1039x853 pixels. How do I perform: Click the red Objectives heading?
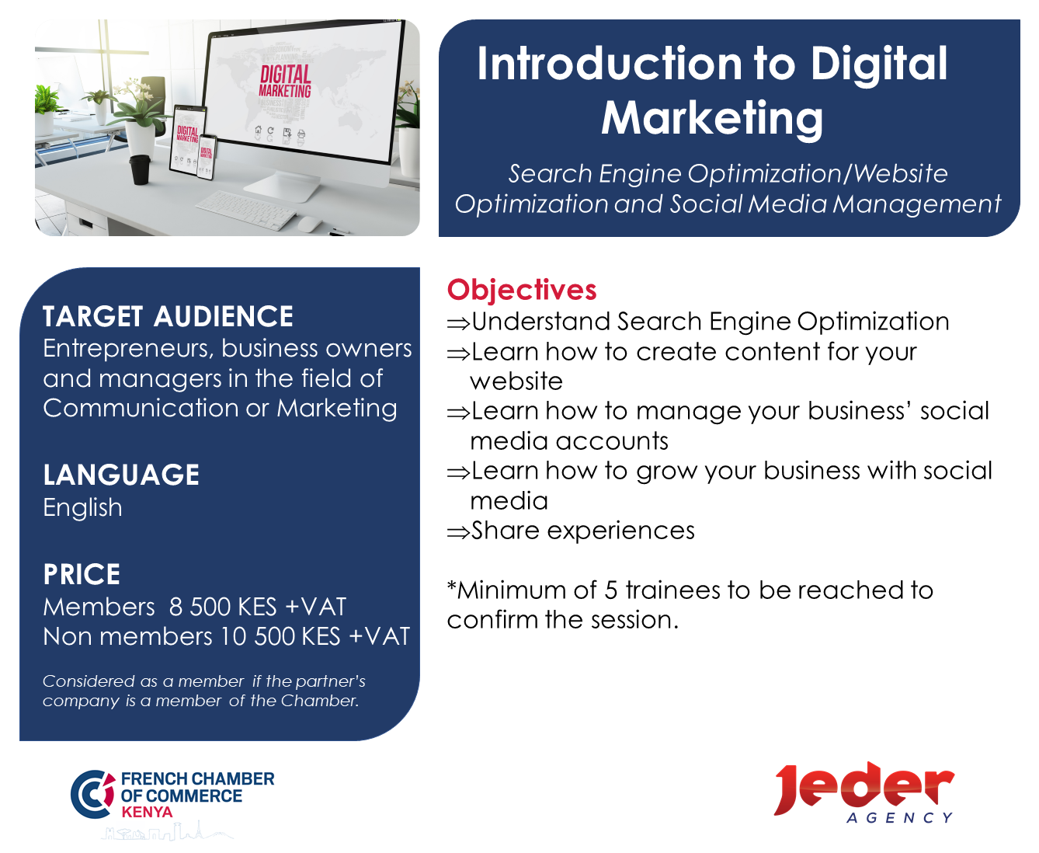coord(521,290)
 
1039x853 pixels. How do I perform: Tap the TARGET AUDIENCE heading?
coord(168,316)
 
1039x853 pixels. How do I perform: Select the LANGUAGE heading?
coord(121,475)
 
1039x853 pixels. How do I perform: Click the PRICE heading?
coord(82,574)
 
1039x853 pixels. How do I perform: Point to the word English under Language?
coord(83,507)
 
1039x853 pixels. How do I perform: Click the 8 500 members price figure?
coord(200,607)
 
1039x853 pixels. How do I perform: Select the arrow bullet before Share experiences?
coord(458,533)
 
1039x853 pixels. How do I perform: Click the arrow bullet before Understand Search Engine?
coord(458,323)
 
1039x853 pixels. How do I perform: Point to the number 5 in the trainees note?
coord(610,590)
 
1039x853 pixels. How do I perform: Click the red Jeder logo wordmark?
coord(864,789)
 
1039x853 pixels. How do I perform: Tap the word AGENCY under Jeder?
coord(899,818)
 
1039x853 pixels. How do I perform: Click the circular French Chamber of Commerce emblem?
coord(92,794)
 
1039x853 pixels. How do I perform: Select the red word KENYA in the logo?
coord(147,812)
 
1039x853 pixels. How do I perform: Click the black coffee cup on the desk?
coord(140,169)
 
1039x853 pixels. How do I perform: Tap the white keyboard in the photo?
coord(246,210)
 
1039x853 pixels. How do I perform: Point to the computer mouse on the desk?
coord(310,225)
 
